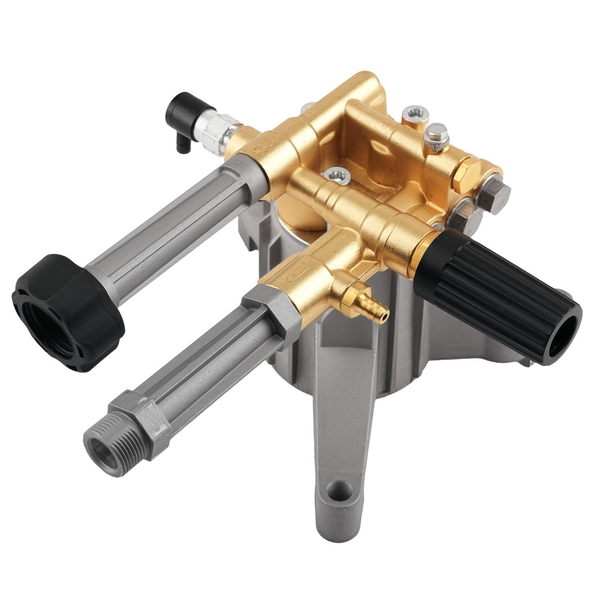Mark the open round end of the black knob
click(565, 332)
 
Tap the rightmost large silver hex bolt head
click(496, 192)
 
